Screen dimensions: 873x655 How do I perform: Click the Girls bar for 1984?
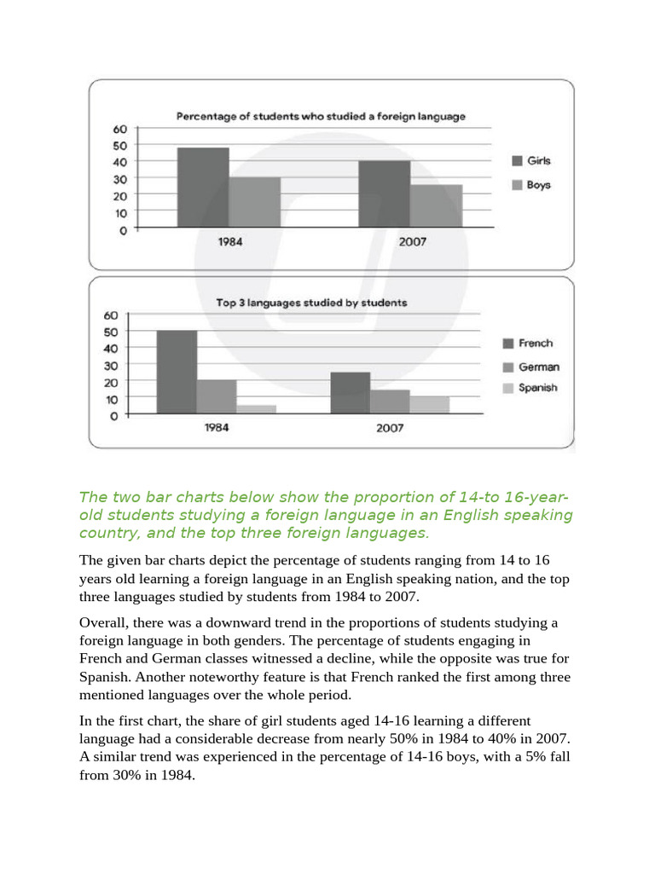click(203, 188)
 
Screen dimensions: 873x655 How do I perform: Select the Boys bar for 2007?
click(436, 205)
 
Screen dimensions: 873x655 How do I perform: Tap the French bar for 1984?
click(177, 372)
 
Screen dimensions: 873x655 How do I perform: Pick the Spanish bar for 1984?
click(256, 409)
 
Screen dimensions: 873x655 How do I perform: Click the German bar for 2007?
click(390, 402)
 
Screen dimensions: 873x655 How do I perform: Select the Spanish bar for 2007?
click(429, 405)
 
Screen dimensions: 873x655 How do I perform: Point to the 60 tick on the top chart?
click(120, 130)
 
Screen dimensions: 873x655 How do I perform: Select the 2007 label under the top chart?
click(412, 242)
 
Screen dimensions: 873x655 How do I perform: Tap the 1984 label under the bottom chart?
click(217, 427)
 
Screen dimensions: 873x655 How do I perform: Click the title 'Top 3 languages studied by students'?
click(310, 303)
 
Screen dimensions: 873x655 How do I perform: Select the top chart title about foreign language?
click(321, 117)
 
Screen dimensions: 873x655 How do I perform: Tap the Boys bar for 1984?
click(254, 202)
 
